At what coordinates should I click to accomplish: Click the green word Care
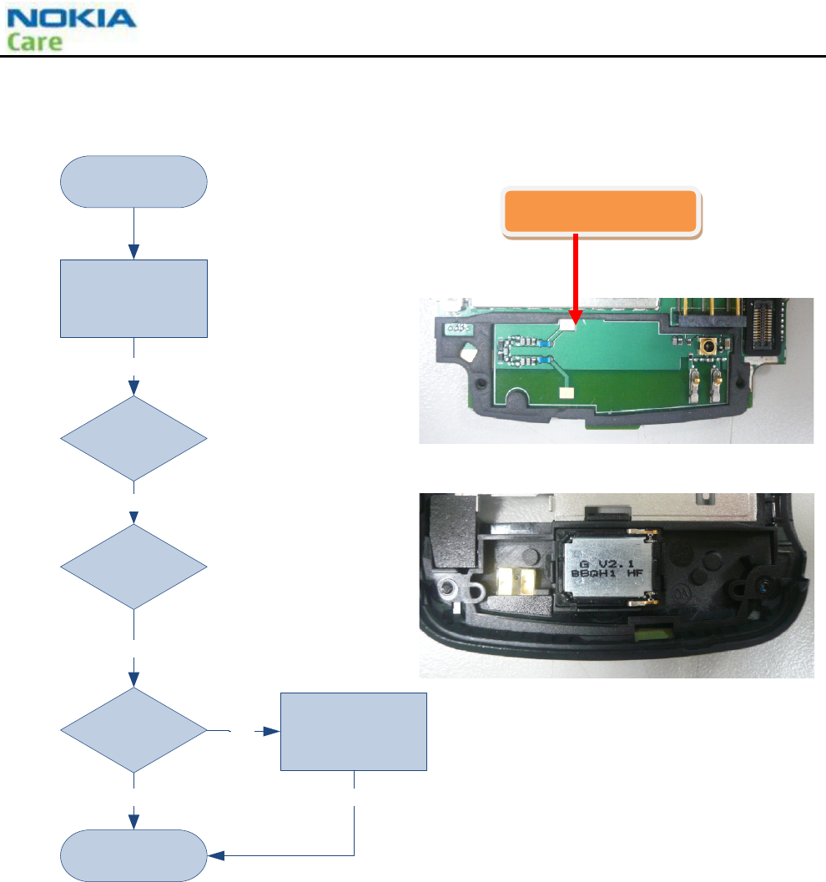coord(35,41)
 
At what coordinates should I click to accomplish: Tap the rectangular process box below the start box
coord(133,298)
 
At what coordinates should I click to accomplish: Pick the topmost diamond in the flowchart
coord(133,438)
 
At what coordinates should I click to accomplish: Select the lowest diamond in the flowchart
coord(133,731)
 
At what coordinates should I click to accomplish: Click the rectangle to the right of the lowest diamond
coord(353,731)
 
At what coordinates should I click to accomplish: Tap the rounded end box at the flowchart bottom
coord(133,855)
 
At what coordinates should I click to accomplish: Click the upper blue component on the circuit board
coord(543,342)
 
